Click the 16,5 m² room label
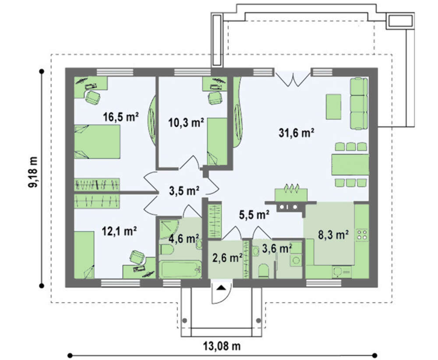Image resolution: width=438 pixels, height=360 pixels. pyautogui.click(x=121, y=117)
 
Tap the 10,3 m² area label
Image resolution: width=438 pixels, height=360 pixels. pyautogui.click(x=186, y=122)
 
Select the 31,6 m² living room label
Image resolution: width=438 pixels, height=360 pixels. pyautogui.click(x=297, y=133)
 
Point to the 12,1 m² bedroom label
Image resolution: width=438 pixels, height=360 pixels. pyautogui.click(x=119, y=232)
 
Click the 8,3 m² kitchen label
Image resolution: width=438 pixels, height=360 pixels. pyautogui.click(x=333, y=235)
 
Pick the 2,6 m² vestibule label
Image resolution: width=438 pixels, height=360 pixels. pyautogui.click(x=227, y=258)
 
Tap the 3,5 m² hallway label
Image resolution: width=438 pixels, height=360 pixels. pyautogui.click(x=184, y=191)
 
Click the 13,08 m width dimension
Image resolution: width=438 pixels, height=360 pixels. pyautogui.click(x=222, y=346)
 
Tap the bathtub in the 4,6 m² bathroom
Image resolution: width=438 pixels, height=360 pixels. pyautogui.click(x=180, y=269)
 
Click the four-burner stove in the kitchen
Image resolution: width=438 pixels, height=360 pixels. pyautogui.click(x=362, y=235)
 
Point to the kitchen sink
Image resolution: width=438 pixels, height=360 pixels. pyautogui.click(x=342, y=271)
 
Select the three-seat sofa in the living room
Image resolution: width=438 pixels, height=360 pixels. pyautogui.click(x=359, y=103)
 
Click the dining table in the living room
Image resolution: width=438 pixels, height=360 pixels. pyautogui.click(x=350, y=164)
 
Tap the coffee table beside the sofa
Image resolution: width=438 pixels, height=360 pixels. pyautogui.click(x=333, y=107)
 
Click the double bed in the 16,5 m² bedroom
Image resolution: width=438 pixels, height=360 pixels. pyautogui.click(x=97, y=142)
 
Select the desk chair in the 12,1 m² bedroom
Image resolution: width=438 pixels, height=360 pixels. pyautogui.click(x=138, y=257)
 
